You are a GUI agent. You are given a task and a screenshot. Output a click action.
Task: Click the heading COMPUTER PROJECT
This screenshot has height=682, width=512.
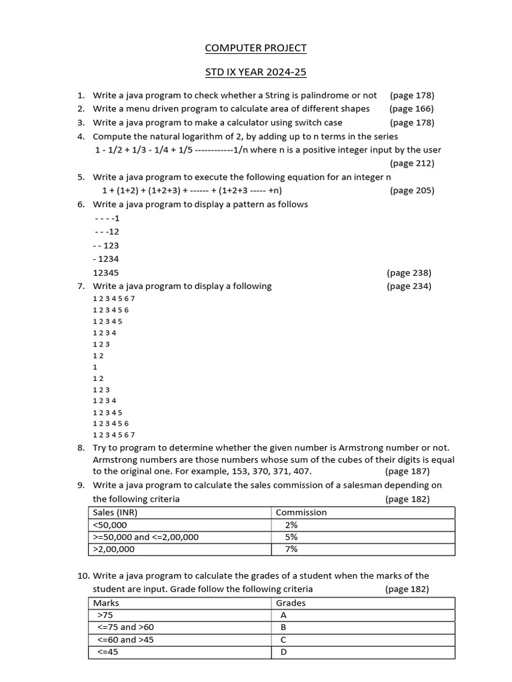[256, 48]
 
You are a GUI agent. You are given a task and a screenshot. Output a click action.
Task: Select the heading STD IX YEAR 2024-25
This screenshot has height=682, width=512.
[256, 72]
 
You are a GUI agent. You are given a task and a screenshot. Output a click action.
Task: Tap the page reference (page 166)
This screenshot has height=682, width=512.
[411, 109]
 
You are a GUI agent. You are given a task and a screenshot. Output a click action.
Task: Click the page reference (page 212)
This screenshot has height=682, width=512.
[411, 163]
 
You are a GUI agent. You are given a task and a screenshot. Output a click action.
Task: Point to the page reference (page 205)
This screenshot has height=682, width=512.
[411, 190]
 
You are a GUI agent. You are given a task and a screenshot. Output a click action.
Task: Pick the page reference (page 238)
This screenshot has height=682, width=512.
[409, 272]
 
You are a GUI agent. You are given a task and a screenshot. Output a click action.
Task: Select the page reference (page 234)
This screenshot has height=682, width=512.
[409, 286]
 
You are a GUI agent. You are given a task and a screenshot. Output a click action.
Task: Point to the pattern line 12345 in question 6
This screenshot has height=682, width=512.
[106, 272]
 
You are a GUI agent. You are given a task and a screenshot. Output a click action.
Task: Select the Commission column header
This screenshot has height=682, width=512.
[301, 512]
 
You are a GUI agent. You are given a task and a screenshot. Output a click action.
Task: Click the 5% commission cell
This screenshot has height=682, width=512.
[291, 537]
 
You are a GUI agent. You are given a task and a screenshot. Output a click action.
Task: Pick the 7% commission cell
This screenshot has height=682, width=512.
[291, 549]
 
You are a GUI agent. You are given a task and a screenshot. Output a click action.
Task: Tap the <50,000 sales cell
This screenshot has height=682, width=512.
[110, 525]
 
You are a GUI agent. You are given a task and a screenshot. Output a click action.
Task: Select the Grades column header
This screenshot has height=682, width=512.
[291, 603]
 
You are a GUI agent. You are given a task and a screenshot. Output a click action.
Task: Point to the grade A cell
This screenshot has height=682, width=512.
[284, 615]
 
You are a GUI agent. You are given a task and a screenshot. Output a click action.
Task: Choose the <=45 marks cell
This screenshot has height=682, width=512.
[108, 652]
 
